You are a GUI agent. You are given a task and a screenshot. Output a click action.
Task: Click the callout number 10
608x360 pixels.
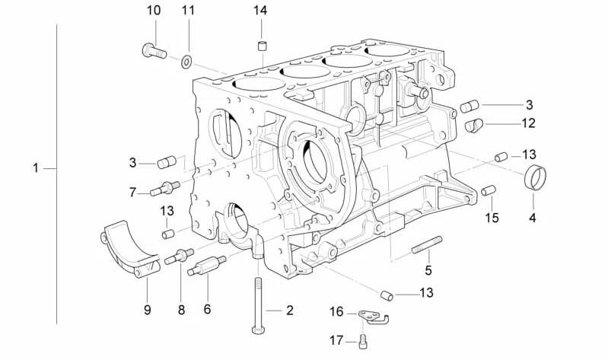154,11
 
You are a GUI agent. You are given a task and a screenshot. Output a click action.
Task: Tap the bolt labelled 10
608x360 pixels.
154,51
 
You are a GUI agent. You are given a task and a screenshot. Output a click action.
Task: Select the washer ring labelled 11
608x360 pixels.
187,62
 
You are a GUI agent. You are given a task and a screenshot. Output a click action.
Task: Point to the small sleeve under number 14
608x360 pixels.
263,46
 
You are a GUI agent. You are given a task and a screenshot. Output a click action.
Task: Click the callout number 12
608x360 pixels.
528,123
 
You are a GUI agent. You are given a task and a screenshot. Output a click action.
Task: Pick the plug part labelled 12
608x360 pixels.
473,125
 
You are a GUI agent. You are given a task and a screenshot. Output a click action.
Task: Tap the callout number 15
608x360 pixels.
492,218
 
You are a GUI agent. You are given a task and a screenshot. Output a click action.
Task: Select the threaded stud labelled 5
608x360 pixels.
427,245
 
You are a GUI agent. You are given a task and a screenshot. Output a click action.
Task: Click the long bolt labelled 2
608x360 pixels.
259,305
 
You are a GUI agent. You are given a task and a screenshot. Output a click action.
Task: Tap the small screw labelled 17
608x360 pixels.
363,342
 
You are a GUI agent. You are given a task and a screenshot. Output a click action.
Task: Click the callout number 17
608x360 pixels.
336,341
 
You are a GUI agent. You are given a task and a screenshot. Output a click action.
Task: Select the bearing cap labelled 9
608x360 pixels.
130,248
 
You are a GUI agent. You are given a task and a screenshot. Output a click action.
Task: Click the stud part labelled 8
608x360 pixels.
179,256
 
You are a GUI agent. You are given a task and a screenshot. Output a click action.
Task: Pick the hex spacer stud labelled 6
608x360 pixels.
207,266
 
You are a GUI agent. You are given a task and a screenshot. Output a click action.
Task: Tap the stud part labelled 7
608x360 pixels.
165,188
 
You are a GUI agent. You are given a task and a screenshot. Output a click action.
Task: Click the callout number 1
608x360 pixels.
36,168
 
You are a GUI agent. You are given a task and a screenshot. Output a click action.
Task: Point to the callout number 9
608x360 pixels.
148,310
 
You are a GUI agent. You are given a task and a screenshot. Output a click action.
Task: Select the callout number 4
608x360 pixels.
533,218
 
